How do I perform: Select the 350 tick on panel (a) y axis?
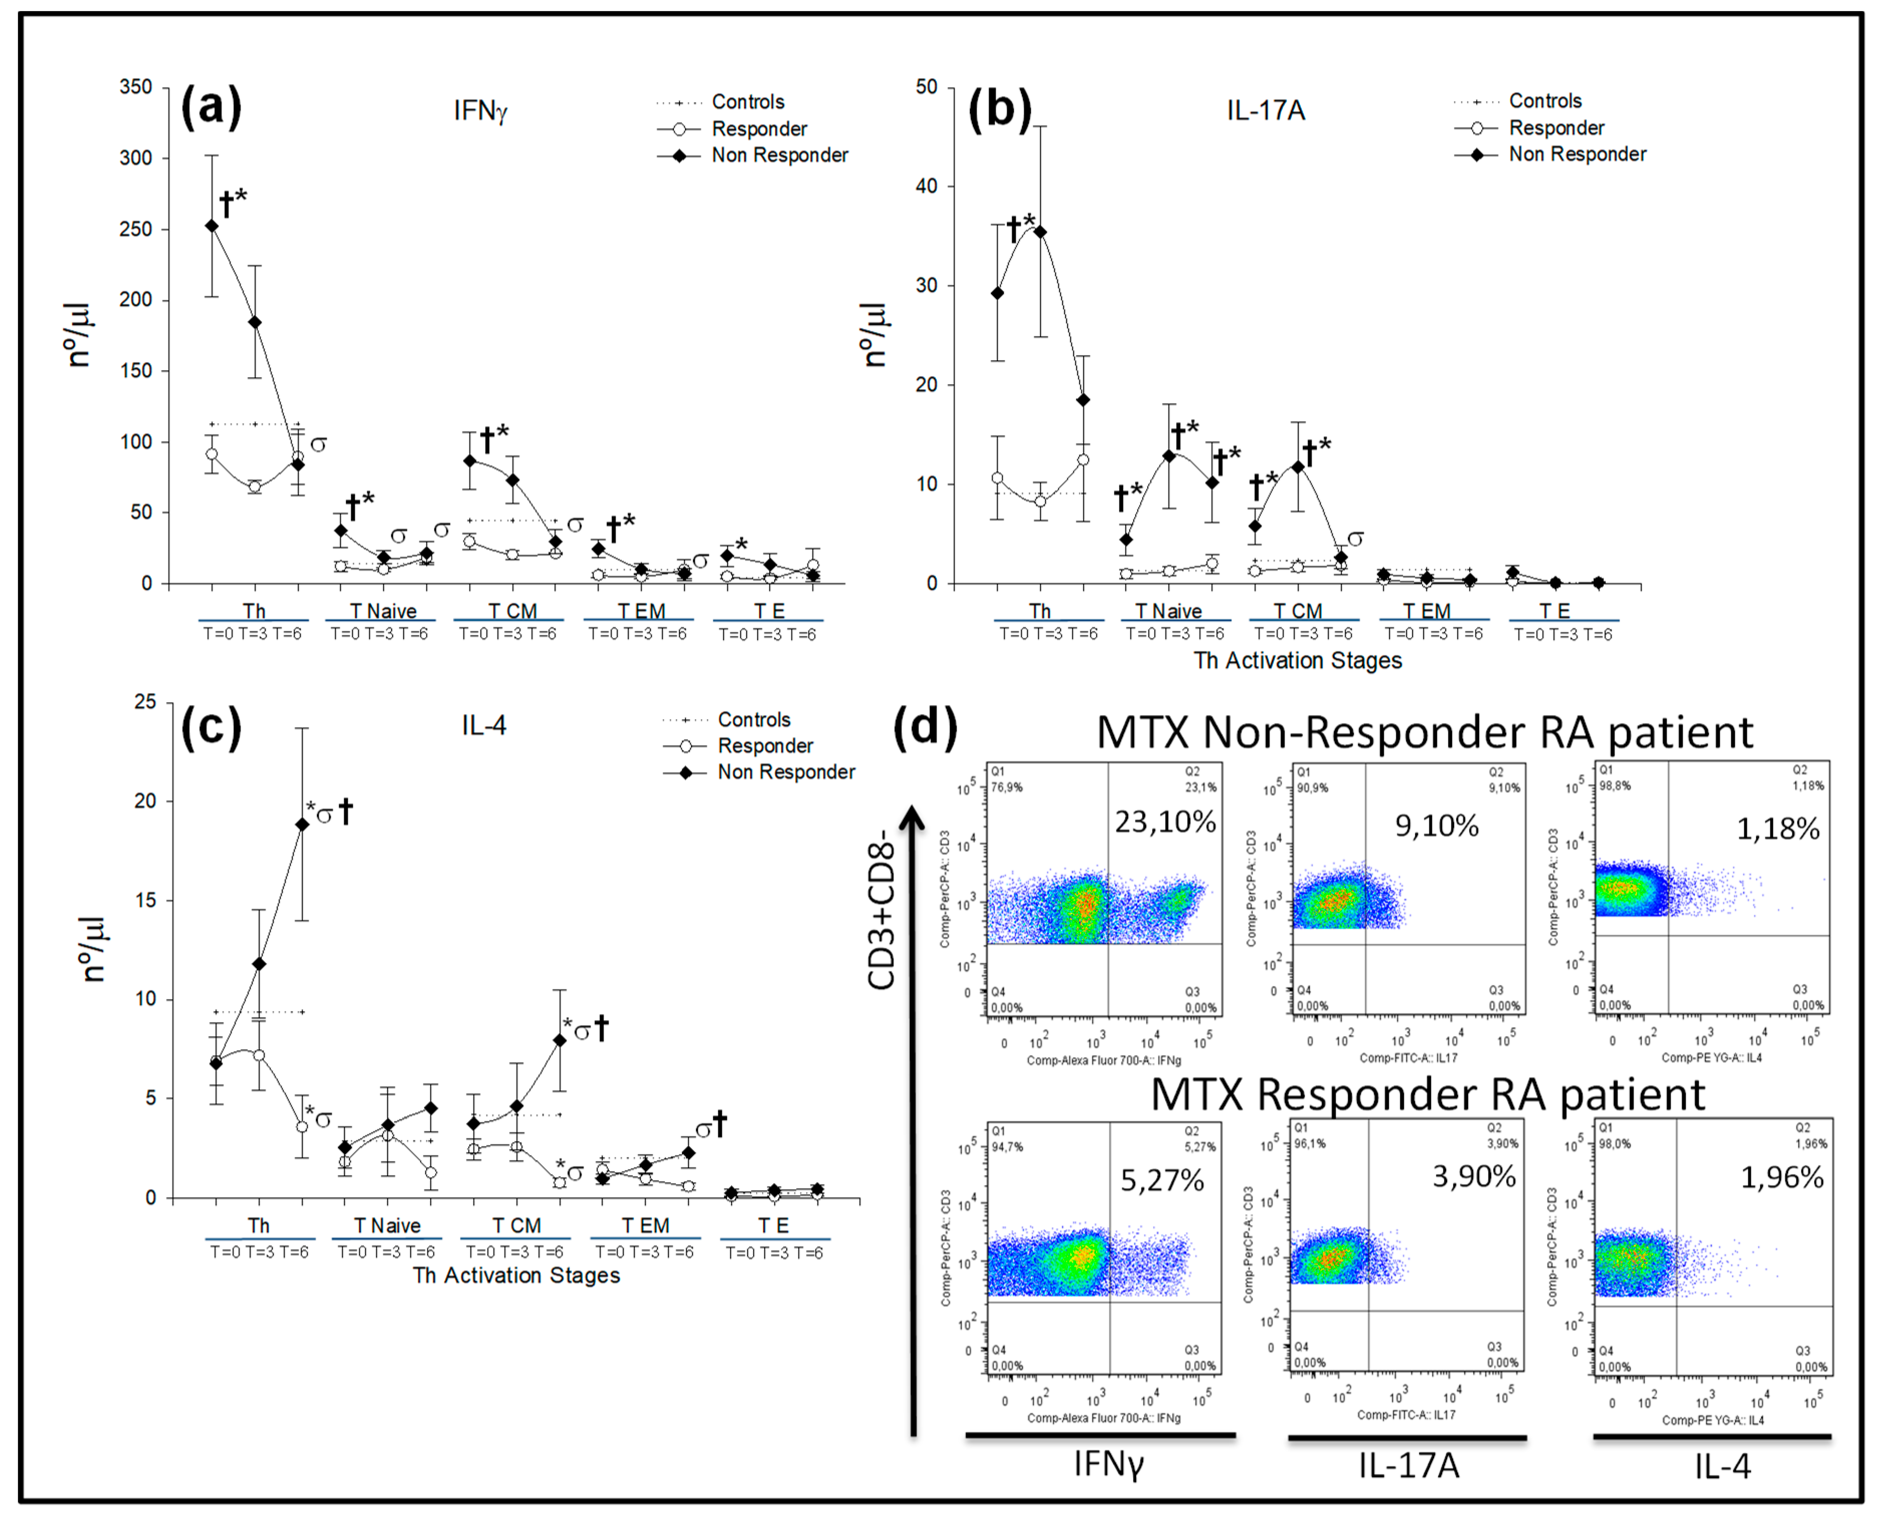click(x=136, y=87)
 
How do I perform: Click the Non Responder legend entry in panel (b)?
click(x=1577, y=154)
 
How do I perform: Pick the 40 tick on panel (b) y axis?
click(x=926, y=186)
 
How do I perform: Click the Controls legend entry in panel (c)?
click(x=754, y=720)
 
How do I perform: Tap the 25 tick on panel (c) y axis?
click(x=145, y=702)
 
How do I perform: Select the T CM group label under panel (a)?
click(x=512, y=611)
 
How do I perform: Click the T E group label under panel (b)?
click(x=1555, y=611)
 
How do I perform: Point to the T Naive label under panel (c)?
click(x=387, y=1226)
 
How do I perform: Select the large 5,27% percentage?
click(x=1162, y=1181)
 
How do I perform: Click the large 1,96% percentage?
click(x=1782, y=1177)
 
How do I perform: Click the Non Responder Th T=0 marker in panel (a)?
click(x=212, y=226)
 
